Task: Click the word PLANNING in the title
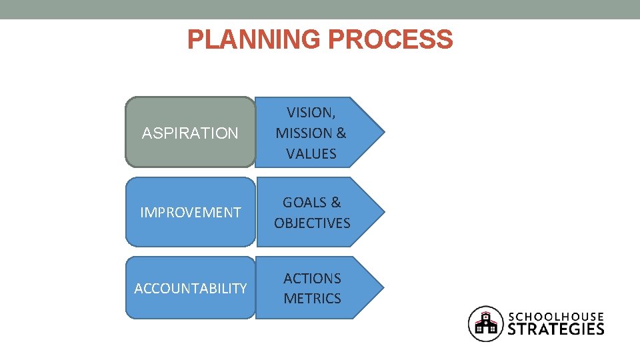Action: tap(255, 39)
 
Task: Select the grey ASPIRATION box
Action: tap(190, 133)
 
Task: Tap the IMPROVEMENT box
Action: tap(190, 213)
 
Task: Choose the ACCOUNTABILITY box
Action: tap(190, 289)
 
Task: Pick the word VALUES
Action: tap(311, 153)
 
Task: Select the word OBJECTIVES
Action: tap(312, 223)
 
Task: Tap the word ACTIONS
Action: tap(312, 278)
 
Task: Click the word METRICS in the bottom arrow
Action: tap(312, 298)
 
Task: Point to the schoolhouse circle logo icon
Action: tap(486, 323)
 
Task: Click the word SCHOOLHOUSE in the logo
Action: tap(556, 317)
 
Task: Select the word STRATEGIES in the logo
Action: tap(556, 329)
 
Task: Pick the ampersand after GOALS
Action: tap(335, 202)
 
